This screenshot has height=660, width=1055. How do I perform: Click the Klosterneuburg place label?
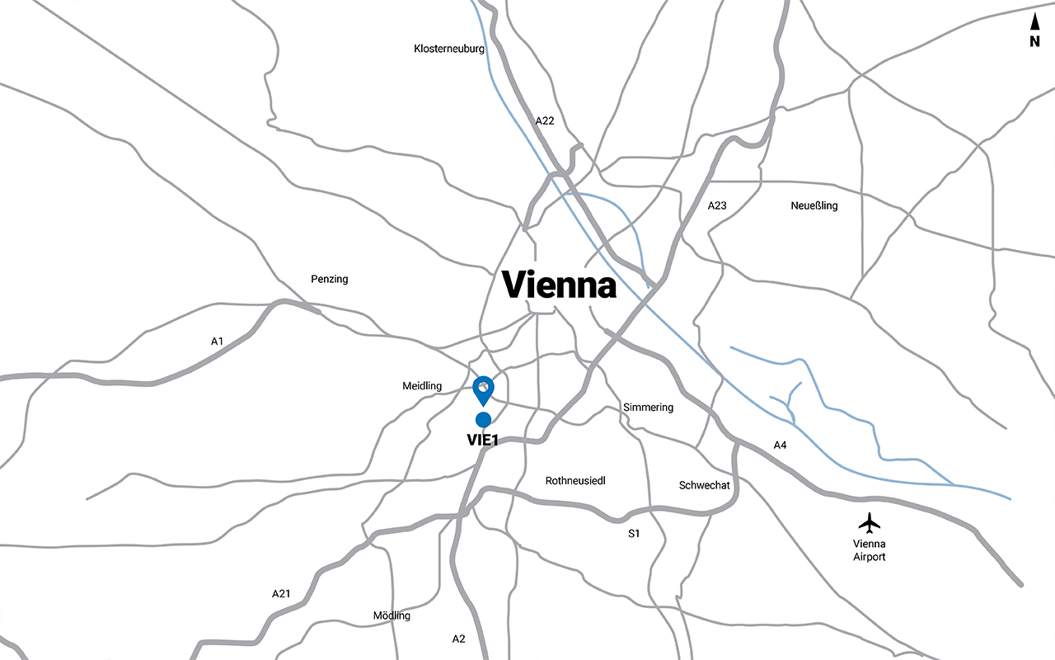click(448, 49)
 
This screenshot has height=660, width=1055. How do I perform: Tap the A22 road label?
click(545, 121)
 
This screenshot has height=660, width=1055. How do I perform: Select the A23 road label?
click(717, 205)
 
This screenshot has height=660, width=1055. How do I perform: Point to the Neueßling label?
click(814, 205)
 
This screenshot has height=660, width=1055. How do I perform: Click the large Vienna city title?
click(560, 285)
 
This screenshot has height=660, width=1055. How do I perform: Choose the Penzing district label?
click(330, 279)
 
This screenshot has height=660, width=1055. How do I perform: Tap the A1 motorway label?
click(217, 341)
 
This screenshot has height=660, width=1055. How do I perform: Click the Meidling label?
click(422, 386)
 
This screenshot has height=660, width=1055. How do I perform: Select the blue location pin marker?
click(484, 389)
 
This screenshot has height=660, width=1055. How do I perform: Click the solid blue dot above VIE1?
click(484, 420)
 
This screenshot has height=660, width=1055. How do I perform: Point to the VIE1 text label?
click(483, 440)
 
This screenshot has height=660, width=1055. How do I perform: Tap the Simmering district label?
click(648, 408)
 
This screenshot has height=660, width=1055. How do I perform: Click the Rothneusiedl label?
click(575, 480)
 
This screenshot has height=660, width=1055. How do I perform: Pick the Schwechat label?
click(704, 485)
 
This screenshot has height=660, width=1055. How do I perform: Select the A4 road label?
click(780, 445)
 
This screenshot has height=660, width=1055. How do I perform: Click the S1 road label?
click(634, 534)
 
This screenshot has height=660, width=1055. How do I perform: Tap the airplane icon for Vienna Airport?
click(870, 522)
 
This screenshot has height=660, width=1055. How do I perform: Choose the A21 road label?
click(281, 594)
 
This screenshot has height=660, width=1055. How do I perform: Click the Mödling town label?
click(392, 615)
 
